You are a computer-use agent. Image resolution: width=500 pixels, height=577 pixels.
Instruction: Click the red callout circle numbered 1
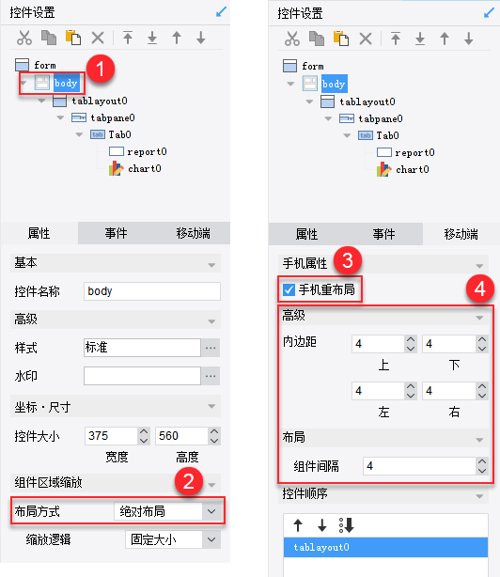(101, 69)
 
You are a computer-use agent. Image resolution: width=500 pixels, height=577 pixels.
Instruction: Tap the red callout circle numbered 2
(189, 481)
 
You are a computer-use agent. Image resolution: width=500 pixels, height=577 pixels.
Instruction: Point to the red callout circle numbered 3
(348, 260)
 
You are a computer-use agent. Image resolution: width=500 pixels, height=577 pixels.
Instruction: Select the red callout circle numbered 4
(480, 288)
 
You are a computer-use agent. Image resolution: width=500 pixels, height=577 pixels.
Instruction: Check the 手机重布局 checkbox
(289, 290)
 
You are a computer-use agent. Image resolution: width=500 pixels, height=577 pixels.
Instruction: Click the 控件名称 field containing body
(152, 291)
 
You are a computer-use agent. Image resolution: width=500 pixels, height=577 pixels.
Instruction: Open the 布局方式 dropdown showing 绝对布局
(167, 511)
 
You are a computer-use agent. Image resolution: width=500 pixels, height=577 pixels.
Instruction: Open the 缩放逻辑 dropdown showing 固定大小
(173, 539)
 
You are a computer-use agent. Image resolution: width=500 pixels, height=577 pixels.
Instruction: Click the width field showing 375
(112, 436)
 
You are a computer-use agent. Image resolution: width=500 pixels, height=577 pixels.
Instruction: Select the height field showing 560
(181, 436)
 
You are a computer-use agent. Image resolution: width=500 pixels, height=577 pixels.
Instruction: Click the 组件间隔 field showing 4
(420, 466)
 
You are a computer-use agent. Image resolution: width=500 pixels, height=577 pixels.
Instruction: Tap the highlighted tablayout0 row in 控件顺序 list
(385, 547)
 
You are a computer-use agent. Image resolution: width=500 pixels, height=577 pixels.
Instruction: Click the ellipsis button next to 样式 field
(211, 348)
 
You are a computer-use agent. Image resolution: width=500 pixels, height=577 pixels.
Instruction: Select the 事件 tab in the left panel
(116, 233)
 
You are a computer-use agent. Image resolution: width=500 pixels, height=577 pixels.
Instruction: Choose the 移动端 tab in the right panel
(461, 234)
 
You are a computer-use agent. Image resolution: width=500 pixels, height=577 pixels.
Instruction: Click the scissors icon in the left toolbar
(24, 38)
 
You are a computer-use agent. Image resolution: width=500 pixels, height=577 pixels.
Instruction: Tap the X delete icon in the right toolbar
(366, 39)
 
